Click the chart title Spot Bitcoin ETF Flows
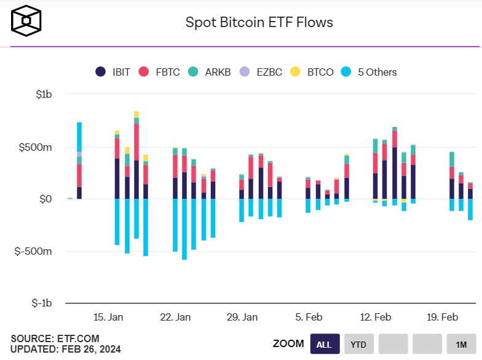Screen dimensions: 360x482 coord(259,23)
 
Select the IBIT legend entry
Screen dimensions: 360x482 coord(113,72)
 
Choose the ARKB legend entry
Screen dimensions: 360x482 coord(210,72)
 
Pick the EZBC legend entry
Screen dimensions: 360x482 coord(261,72)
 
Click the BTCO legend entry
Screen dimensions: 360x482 coord(312,72)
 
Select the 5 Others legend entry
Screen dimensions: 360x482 coord(369,72)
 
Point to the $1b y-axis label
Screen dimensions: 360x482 coord(44,95)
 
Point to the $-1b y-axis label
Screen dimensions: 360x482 coord(41,303)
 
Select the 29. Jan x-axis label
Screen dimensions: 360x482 coord(242,318)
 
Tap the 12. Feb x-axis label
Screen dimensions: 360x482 coord(375,318)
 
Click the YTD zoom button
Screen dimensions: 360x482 coord(358,344)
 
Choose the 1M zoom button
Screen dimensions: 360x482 coord(460,344)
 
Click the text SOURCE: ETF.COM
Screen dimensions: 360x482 coord(55,339)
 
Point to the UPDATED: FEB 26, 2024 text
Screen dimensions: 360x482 coord(66,350)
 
